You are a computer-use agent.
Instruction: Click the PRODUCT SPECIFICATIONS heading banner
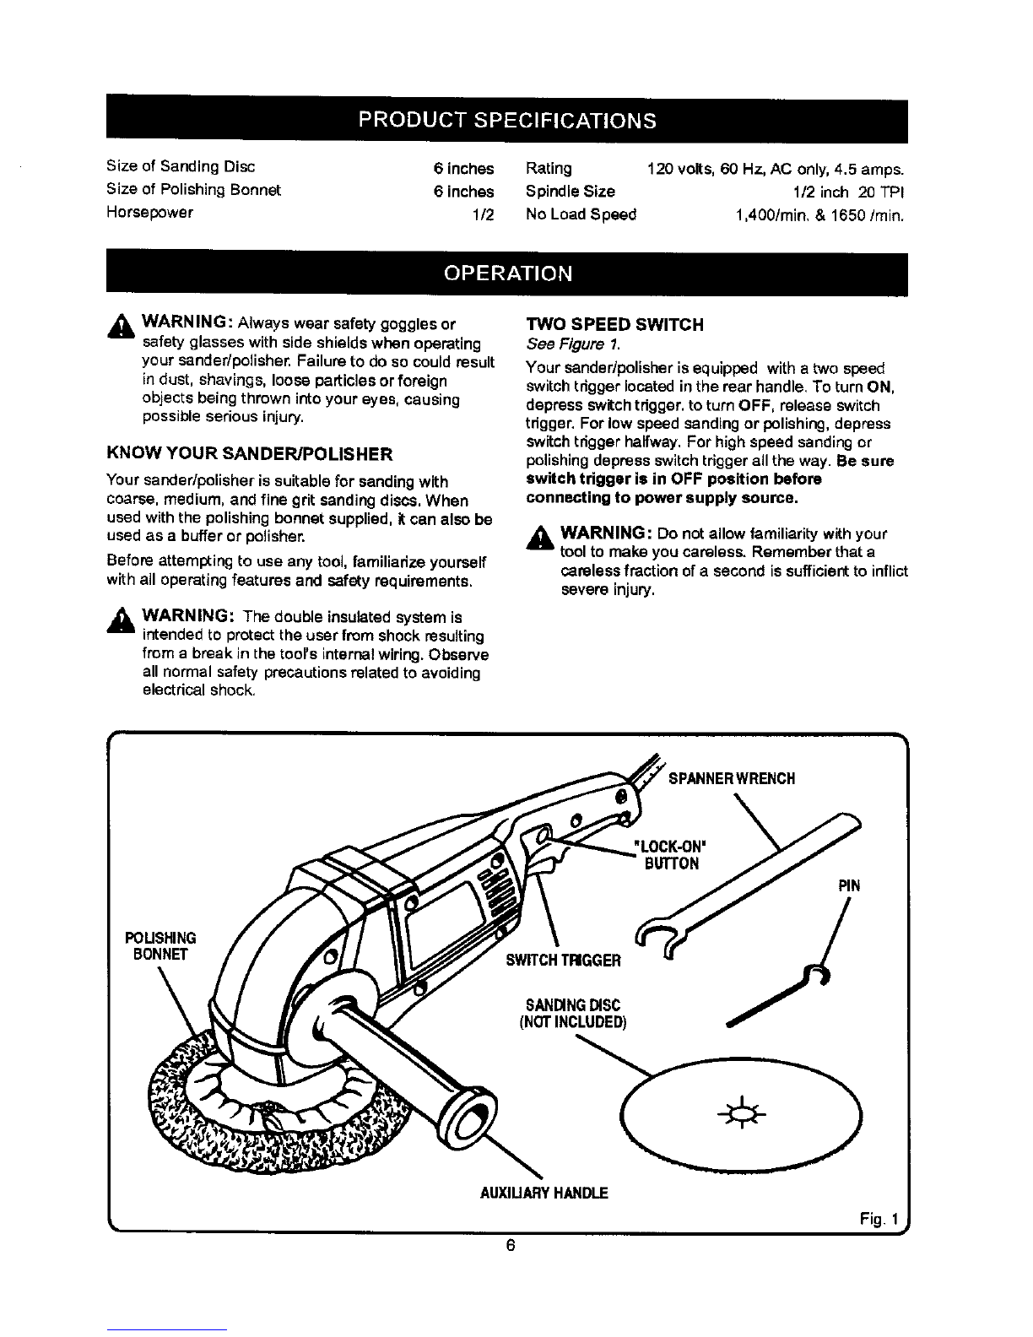pyautogui.click(x=506, y=120)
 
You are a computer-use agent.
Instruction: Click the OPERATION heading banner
pyautogui.click(x=507, y=273)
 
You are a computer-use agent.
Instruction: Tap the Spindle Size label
pyautogui.click(x=570, y=191)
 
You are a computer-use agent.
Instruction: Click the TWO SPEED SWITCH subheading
pyautogui.click(x=614, y=325)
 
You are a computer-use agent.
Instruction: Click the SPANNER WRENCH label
pyautogui.click(x=732, y=777)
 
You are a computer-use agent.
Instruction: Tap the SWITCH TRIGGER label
pyautogui.click(x=564, y=960)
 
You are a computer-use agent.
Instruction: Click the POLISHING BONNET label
pyautogui.click(x=160, y=946)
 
